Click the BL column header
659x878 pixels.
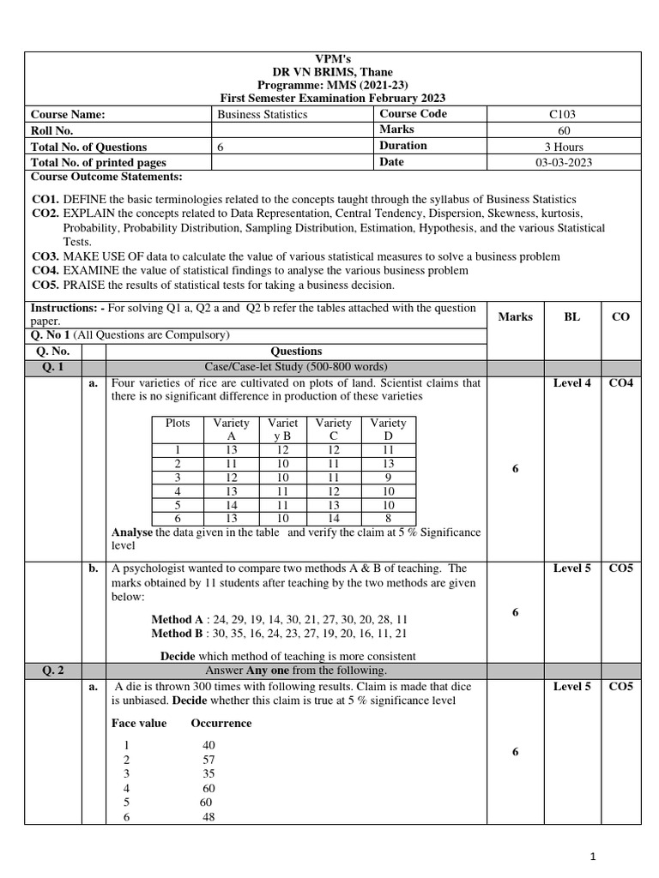(x=571, y=316)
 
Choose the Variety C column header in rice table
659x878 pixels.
(x=333, y=430)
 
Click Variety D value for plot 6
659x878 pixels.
(x=388, y=519)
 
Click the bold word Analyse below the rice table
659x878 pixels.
(x=133, y=532)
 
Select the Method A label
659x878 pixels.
(x=178, y=619)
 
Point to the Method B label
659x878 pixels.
(x=178, y=634)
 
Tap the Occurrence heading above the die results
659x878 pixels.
(x=221, y=723)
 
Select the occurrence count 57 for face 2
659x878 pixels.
(x=209, y=760)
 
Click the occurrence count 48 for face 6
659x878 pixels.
(x=209, y=817)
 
